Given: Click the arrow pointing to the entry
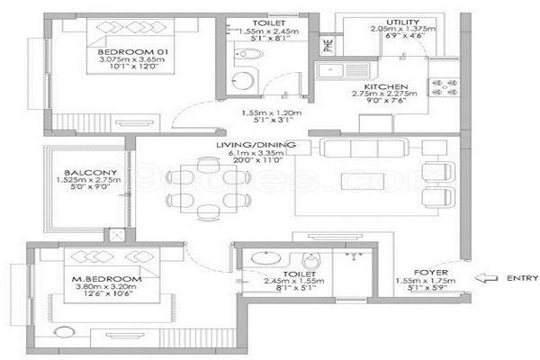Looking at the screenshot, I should [486, 278].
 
